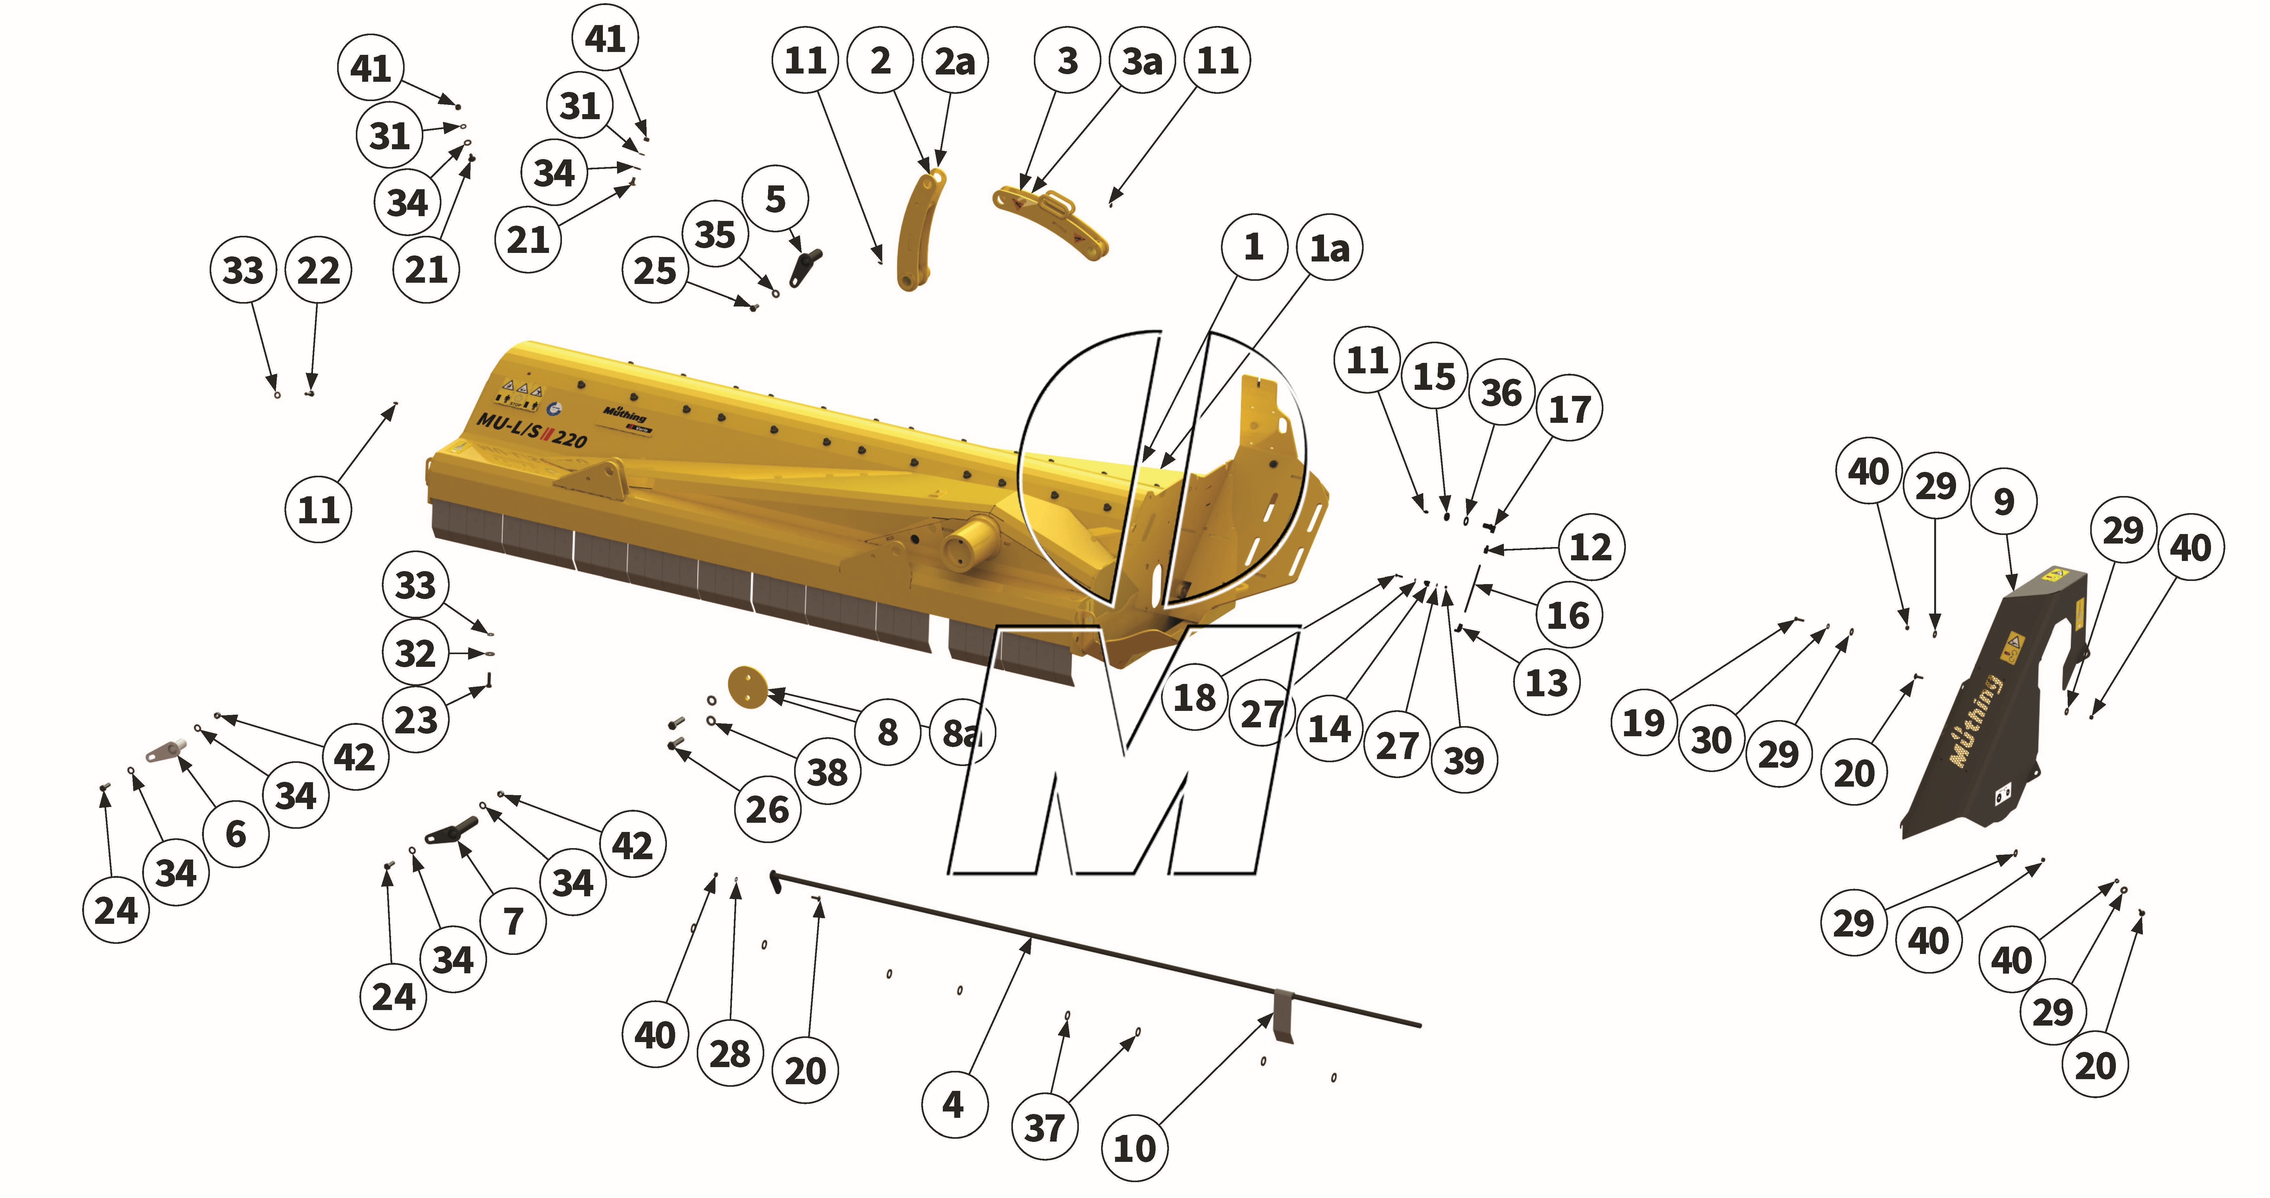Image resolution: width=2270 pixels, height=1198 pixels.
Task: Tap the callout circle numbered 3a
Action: click(x=1142, y=61)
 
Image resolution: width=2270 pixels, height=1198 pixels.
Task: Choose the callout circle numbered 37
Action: click(x=1044, y=1128)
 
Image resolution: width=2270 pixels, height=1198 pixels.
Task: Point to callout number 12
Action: click(x=1591, y=547)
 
